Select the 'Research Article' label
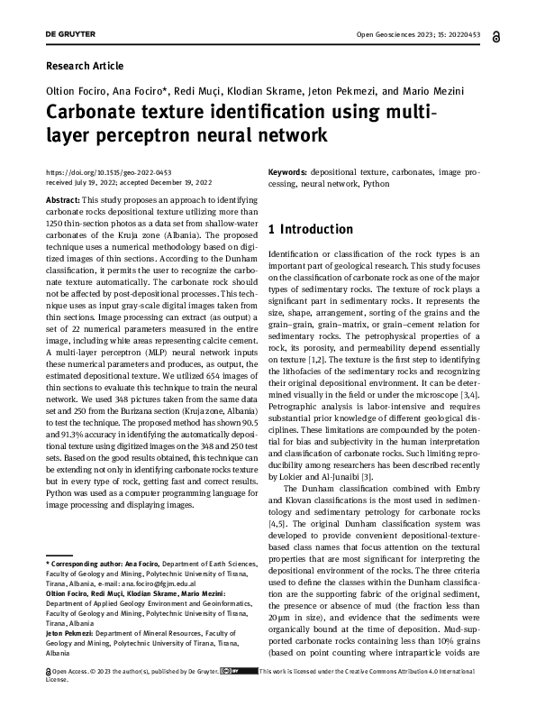(x=84, y=66)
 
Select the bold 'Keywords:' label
(x=288, y=171)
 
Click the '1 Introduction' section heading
(x=311, y=229)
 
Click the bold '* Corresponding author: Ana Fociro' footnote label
(x=110, y=564)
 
